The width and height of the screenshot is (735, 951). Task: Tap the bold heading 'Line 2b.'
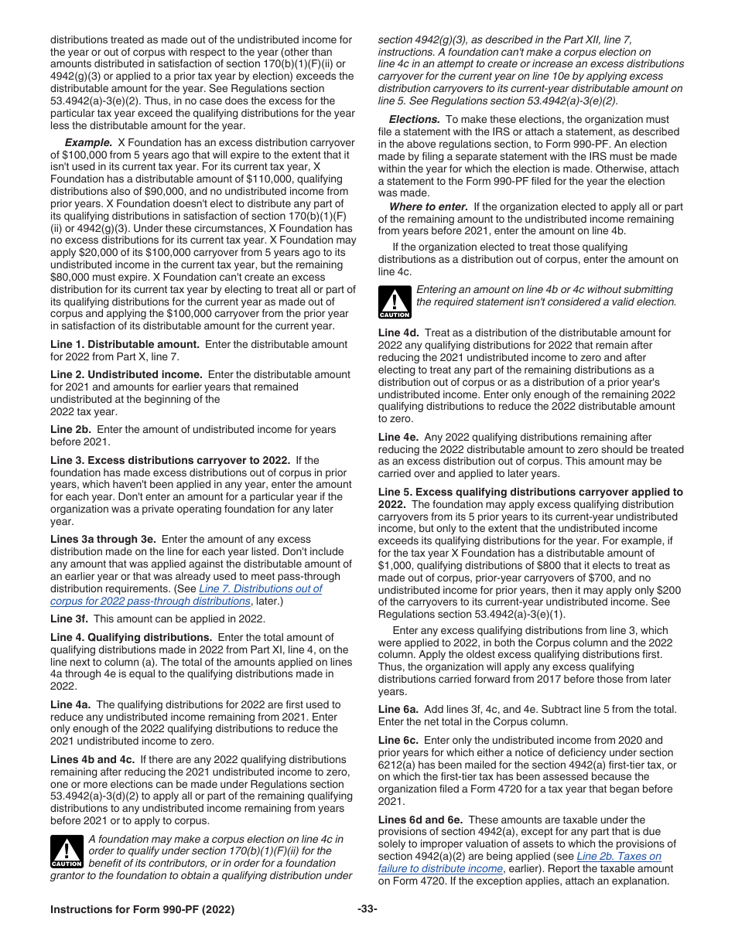tap(70, 429)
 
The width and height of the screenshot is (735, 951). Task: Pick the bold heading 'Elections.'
tap(414, 120)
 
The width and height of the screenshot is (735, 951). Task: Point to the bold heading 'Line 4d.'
tap(398, 333)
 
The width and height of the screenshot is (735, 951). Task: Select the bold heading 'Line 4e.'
tap(398, 437)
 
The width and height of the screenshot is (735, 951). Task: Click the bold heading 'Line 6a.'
tap(398, 709)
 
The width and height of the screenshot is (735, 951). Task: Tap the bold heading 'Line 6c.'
tap(398, 740)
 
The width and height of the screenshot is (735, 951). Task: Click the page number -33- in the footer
tap(367, 909)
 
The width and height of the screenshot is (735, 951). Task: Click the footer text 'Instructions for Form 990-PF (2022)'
tap(142, 909)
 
